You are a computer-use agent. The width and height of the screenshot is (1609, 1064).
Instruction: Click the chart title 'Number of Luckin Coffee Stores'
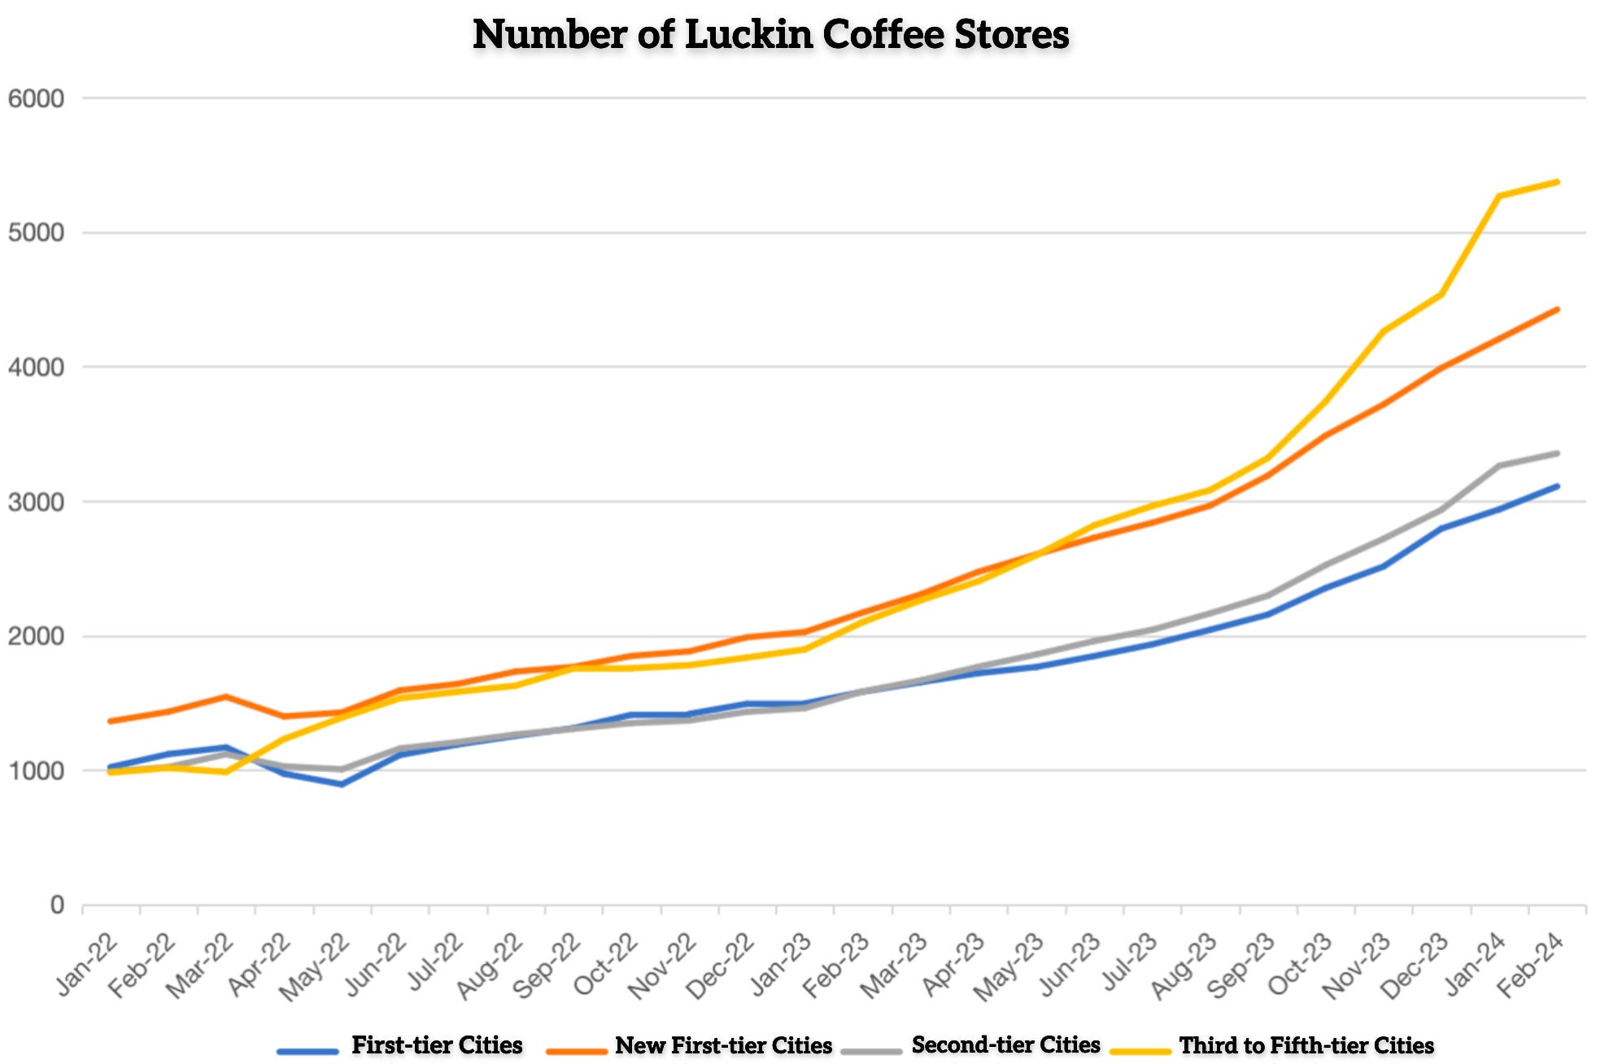click(770, 35)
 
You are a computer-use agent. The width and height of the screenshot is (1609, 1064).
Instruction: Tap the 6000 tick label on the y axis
click(36, 99)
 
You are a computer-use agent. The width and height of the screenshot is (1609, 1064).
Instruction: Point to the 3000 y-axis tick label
click(36, 502)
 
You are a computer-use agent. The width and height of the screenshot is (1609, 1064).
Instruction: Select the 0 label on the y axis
click(56, 905)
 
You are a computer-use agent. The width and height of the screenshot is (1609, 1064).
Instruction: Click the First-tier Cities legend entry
click(436, 1045)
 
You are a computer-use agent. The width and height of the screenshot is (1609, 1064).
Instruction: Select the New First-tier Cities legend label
click(723, 1045)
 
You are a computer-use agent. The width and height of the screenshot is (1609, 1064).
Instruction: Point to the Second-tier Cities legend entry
click(1005, 1045)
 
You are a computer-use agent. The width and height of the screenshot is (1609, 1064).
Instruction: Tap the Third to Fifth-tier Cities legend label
click(1306, 1045)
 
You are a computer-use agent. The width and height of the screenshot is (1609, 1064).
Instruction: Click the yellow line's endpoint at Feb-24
click(1557, 181)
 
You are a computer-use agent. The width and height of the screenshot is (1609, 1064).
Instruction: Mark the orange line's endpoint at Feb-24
click(1557, 309)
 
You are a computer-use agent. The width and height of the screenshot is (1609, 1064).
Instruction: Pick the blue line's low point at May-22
click(342, 784)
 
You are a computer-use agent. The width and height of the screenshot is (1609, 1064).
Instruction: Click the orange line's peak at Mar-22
click(225, 696)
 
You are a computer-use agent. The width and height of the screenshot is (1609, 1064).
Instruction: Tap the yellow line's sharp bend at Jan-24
click(1499, 196)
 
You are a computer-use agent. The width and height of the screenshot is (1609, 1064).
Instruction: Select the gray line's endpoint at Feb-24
click(1557, 453)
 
